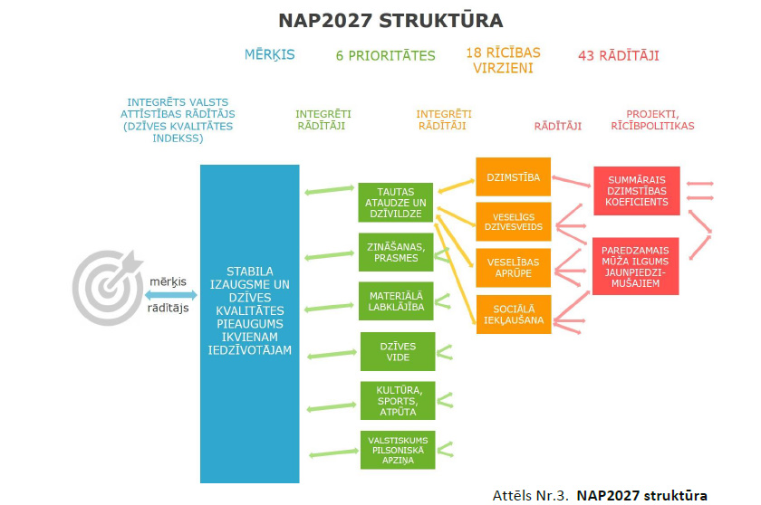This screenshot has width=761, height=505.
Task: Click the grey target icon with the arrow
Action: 105,288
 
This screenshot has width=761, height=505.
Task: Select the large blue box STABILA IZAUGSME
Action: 249,324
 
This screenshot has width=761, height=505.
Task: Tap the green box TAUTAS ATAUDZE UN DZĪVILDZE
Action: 396,203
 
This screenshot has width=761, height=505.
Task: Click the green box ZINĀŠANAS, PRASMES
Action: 396,252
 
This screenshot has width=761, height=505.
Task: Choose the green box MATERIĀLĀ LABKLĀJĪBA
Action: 396,301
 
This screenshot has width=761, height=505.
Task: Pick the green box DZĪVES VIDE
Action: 398,351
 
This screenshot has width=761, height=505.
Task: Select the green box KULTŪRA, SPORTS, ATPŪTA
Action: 398,401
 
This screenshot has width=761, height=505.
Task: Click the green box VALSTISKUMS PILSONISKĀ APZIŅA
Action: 398,450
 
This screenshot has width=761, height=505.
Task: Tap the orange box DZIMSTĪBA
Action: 513,176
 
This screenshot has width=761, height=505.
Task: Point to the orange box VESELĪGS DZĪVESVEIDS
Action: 514,222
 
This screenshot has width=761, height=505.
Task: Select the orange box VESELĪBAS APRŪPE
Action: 513,268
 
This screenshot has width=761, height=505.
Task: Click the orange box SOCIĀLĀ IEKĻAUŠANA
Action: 514,315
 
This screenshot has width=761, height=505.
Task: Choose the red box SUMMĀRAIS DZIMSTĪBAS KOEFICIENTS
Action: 637,191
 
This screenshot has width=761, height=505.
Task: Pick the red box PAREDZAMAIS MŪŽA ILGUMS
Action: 635,266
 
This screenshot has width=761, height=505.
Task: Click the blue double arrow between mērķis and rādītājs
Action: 171,295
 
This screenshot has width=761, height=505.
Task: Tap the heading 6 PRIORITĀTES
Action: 385,56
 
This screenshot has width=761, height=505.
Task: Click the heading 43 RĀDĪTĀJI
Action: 619,56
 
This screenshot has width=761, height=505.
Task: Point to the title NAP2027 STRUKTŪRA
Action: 390,21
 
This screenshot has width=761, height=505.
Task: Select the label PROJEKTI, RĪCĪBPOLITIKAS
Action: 652,119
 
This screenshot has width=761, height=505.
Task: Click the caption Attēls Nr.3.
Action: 530,495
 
